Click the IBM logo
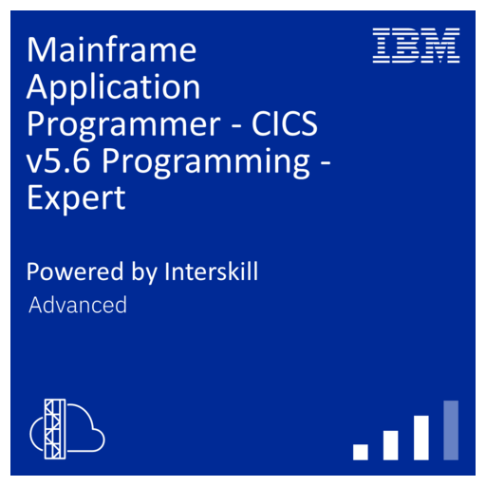(416, 46)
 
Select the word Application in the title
(114, 87)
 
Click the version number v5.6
(58, 161)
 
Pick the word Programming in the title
(203, 161)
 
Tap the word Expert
(76, 198)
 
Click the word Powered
(71, 271)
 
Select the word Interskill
(212, 271)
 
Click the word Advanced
(78, 306)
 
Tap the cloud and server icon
(66, 426)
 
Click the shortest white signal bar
(360, 452)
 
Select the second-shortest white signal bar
(390, 445)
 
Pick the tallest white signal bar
(421, 438)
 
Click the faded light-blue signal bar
(451, 430)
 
